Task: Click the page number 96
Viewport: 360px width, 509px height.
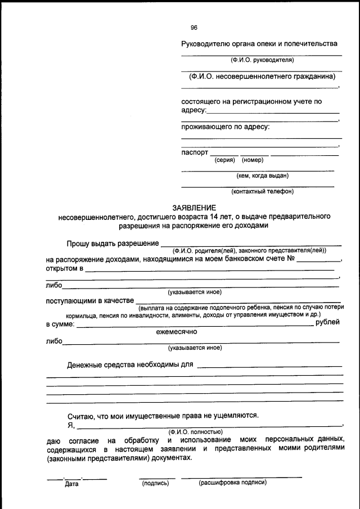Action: pyautogui.click(x=194, y=28)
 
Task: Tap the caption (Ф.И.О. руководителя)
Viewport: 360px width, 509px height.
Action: pyautogui.click(x=262, y=59)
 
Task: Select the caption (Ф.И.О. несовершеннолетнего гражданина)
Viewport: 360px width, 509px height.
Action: pyautogui.click(x=262, y=76)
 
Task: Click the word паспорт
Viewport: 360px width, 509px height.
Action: pyautogui.click(x=195, y=152)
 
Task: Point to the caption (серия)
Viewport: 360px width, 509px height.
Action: pyautogui.click(x=224, y=160)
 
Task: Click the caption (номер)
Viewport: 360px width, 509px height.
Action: pyautogui.click(x=253, y=160)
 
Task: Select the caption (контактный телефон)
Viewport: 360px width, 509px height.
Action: pyautogui.click(x=262, y=191)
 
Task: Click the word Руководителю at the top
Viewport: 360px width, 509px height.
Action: pyautogui.click(x=206, y=43)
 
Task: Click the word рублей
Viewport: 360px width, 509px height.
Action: pyautogui.click(x=328, y=322)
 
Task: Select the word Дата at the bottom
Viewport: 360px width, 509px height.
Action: pyautogui.click(x=71, y=483)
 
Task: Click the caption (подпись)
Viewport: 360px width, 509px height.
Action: pyautogui.click(x=156, y=483)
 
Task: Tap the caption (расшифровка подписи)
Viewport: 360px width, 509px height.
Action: pyautogui.click(x=232, y=482)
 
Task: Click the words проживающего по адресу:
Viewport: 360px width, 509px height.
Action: pyautogui.click(x=226, y=127)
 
